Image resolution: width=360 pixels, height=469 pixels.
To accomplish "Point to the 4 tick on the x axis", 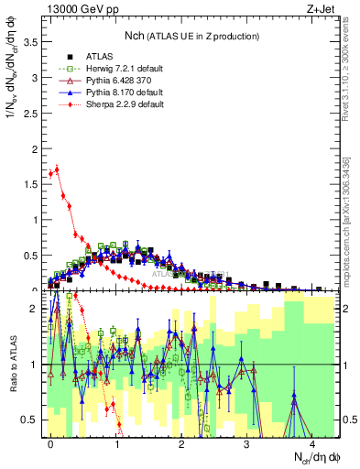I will click(x=312, y=442).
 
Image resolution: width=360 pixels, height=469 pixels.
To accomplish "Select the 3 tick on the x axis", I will click(x=247, y=442).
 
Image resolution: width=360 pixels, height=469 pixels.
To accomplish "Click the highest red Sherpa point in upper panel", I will click(x=57, y=168).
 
